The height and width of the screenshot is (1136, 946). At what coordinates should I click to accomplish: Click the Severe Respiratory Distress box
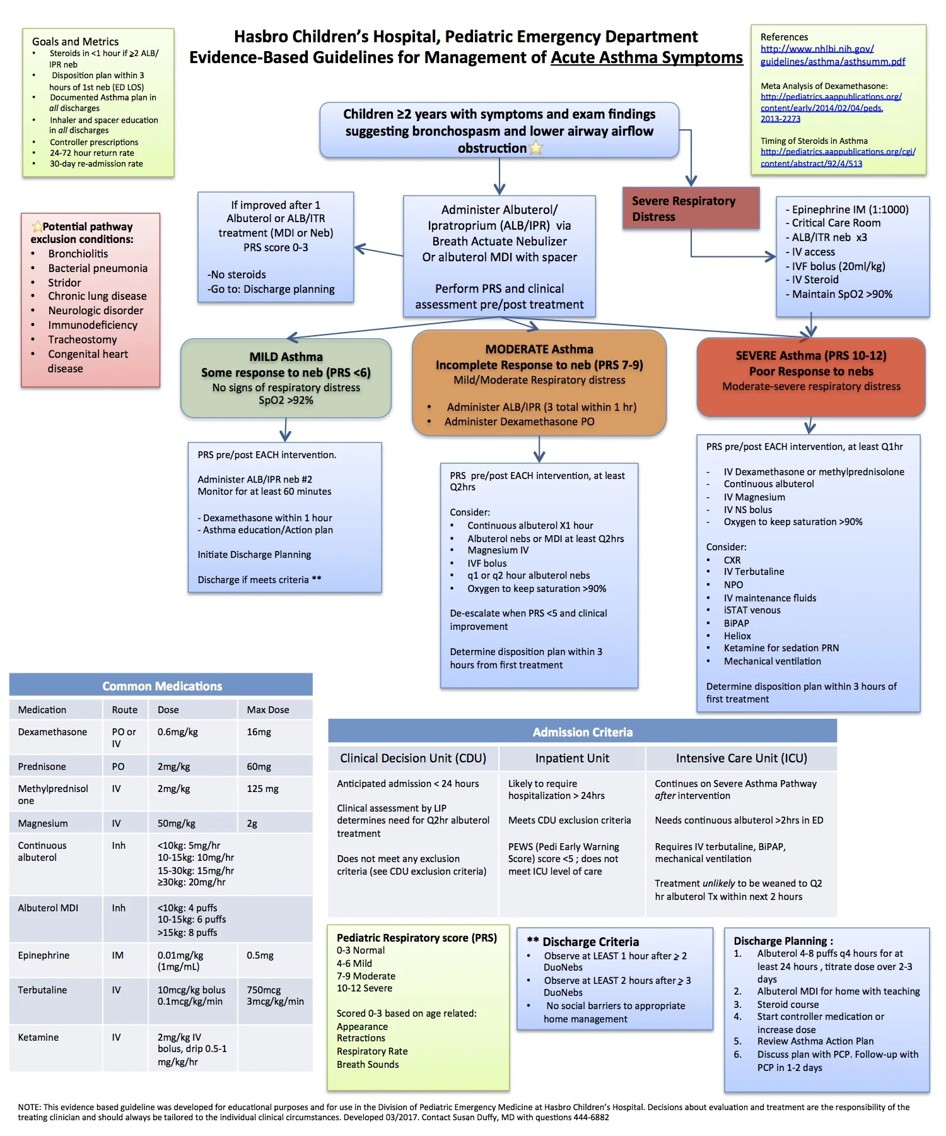tap(690, 208)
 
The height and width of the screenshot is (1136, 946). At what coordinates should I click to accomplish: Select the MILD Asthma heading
tap(286, 357)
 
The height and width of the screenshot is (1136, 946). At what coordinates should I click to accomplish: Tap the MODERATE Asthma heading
tap(539, 349)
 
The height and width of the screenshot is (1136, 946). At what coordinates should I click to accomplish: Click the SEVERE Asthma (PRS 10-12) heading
tap(810, 355)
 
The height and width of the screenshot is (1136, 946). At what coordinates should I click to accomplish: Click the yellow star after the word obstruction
tap(536, 148)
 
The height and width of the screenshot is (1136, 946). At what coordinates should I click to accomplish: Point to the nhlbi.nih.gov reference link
tap(817, 49)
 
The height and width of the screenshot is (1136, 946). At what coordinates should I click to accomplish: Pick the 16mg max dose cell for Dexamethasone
tap(259, 732)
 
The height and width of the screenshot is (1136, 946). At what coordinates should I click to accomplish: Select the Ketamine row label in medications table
tap(38, 1037)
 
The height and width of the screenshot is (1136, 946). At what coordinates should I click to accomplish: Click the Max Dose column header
tap(267, 709)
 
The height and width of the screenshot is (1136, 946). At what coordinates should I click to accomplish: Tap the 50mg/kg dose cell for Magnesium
tap(176, 823)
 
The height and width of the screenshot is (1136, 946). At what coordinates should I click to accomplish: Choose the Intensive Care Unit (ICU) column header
tap(741, 758)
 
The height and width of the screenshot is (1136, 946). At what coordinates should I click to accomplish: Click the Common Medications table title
tap(161, 686)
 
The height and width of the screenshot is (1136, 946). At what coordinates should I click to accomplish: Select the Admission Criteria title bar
tap(582, 732)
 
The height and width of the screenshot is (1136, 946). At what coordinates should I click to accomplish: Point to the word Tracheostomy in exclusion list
tap(82, 340)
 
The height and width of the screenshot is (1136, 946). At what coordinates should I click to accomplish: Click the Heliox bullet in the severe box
tap(737, 636)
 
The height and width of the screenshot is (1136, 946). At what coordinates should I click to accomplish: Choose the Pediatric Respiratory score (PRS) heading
tap(416, 938)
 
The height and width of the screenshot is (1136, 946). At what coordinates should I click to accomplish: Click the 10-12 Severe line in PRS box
tap(364, 988)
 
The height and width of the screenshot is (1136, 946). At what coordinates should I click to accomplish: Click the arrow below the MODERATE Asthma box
tap(539, 452)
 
